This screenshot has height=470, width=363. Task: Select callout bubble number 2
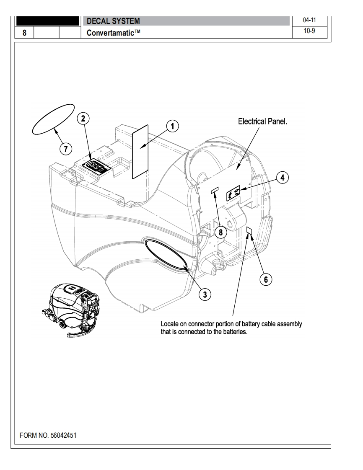click(x=83, y=119)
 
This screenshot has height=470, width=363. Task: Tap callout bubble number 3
click(x=205, y=294)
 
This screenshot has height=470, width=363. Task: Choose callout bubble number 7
click(x=65, y=148)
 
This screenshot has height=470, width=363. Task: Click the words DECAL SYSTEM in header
click(x=113, y=21)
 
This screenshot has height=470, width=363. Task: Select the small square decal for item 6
click(x=249, y=230)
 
